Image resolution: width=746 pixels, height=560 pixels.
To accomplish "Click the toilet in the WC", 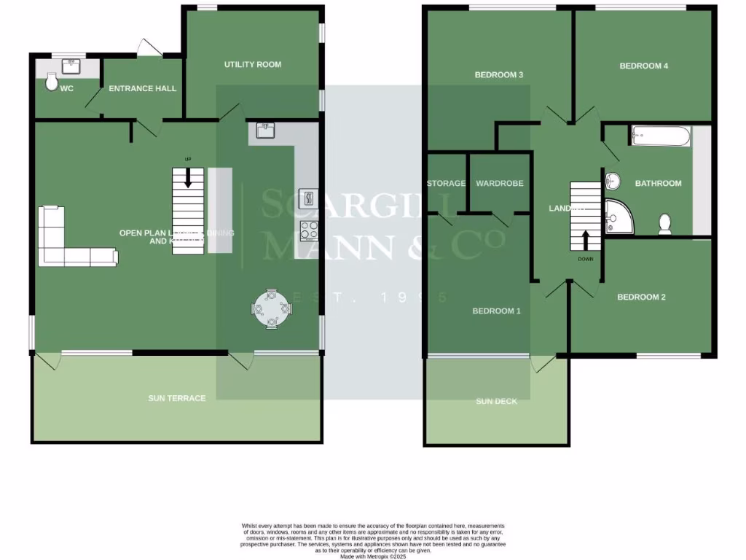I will click(52, 82).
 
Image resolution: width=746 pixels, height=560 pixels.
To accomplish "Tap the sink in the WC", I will click(71, 67).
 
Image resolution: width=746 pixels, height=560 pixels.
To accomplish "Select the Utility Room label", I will click(252, 65).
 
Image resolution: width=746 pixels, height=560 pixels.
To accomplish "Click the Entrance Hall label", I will click(142, 89).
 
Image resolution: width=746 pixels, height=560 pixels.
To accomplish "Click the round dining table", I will click(271, 310).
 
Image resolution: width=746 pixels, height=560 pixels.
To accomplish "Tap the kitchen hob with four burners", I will click(309, 230).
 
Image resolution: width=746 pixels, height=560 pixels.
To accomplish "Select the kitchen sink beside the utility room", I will click(265, 131).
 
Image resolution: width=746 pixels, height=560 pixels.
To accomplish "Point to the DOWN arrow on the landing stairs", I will click(586, 241).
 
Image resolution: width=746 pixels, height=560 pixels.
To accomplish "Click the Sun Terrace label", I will click(176, 398).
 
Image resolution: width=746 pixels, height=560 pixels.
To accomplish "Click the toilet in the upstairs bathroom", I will click(665, 222).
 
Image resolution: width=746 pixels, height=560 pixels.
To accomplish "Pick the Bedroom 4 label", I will click(644, 66).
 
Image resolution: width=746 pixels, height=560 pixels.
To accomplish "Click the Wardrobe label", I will click(499, 184).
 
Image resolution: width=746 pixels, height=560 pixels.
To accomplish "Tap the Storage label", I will click(446, 184).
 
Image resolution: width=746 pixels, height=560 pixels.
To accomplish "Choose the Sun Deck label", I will click(496, 402).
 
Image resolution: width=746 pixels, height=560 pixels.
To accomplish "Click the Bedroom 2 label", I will click(641, 297).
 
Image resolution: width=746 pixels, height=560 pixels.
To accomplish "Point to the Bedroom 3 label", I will click(499, 75).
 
